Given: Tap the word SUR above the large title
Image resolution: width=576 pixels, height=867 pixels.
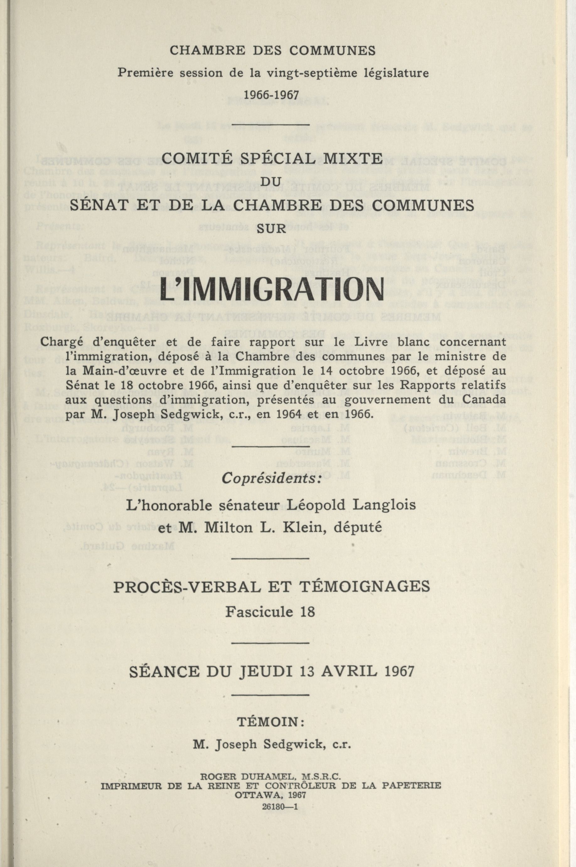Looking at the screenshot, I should pos(271,228).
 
